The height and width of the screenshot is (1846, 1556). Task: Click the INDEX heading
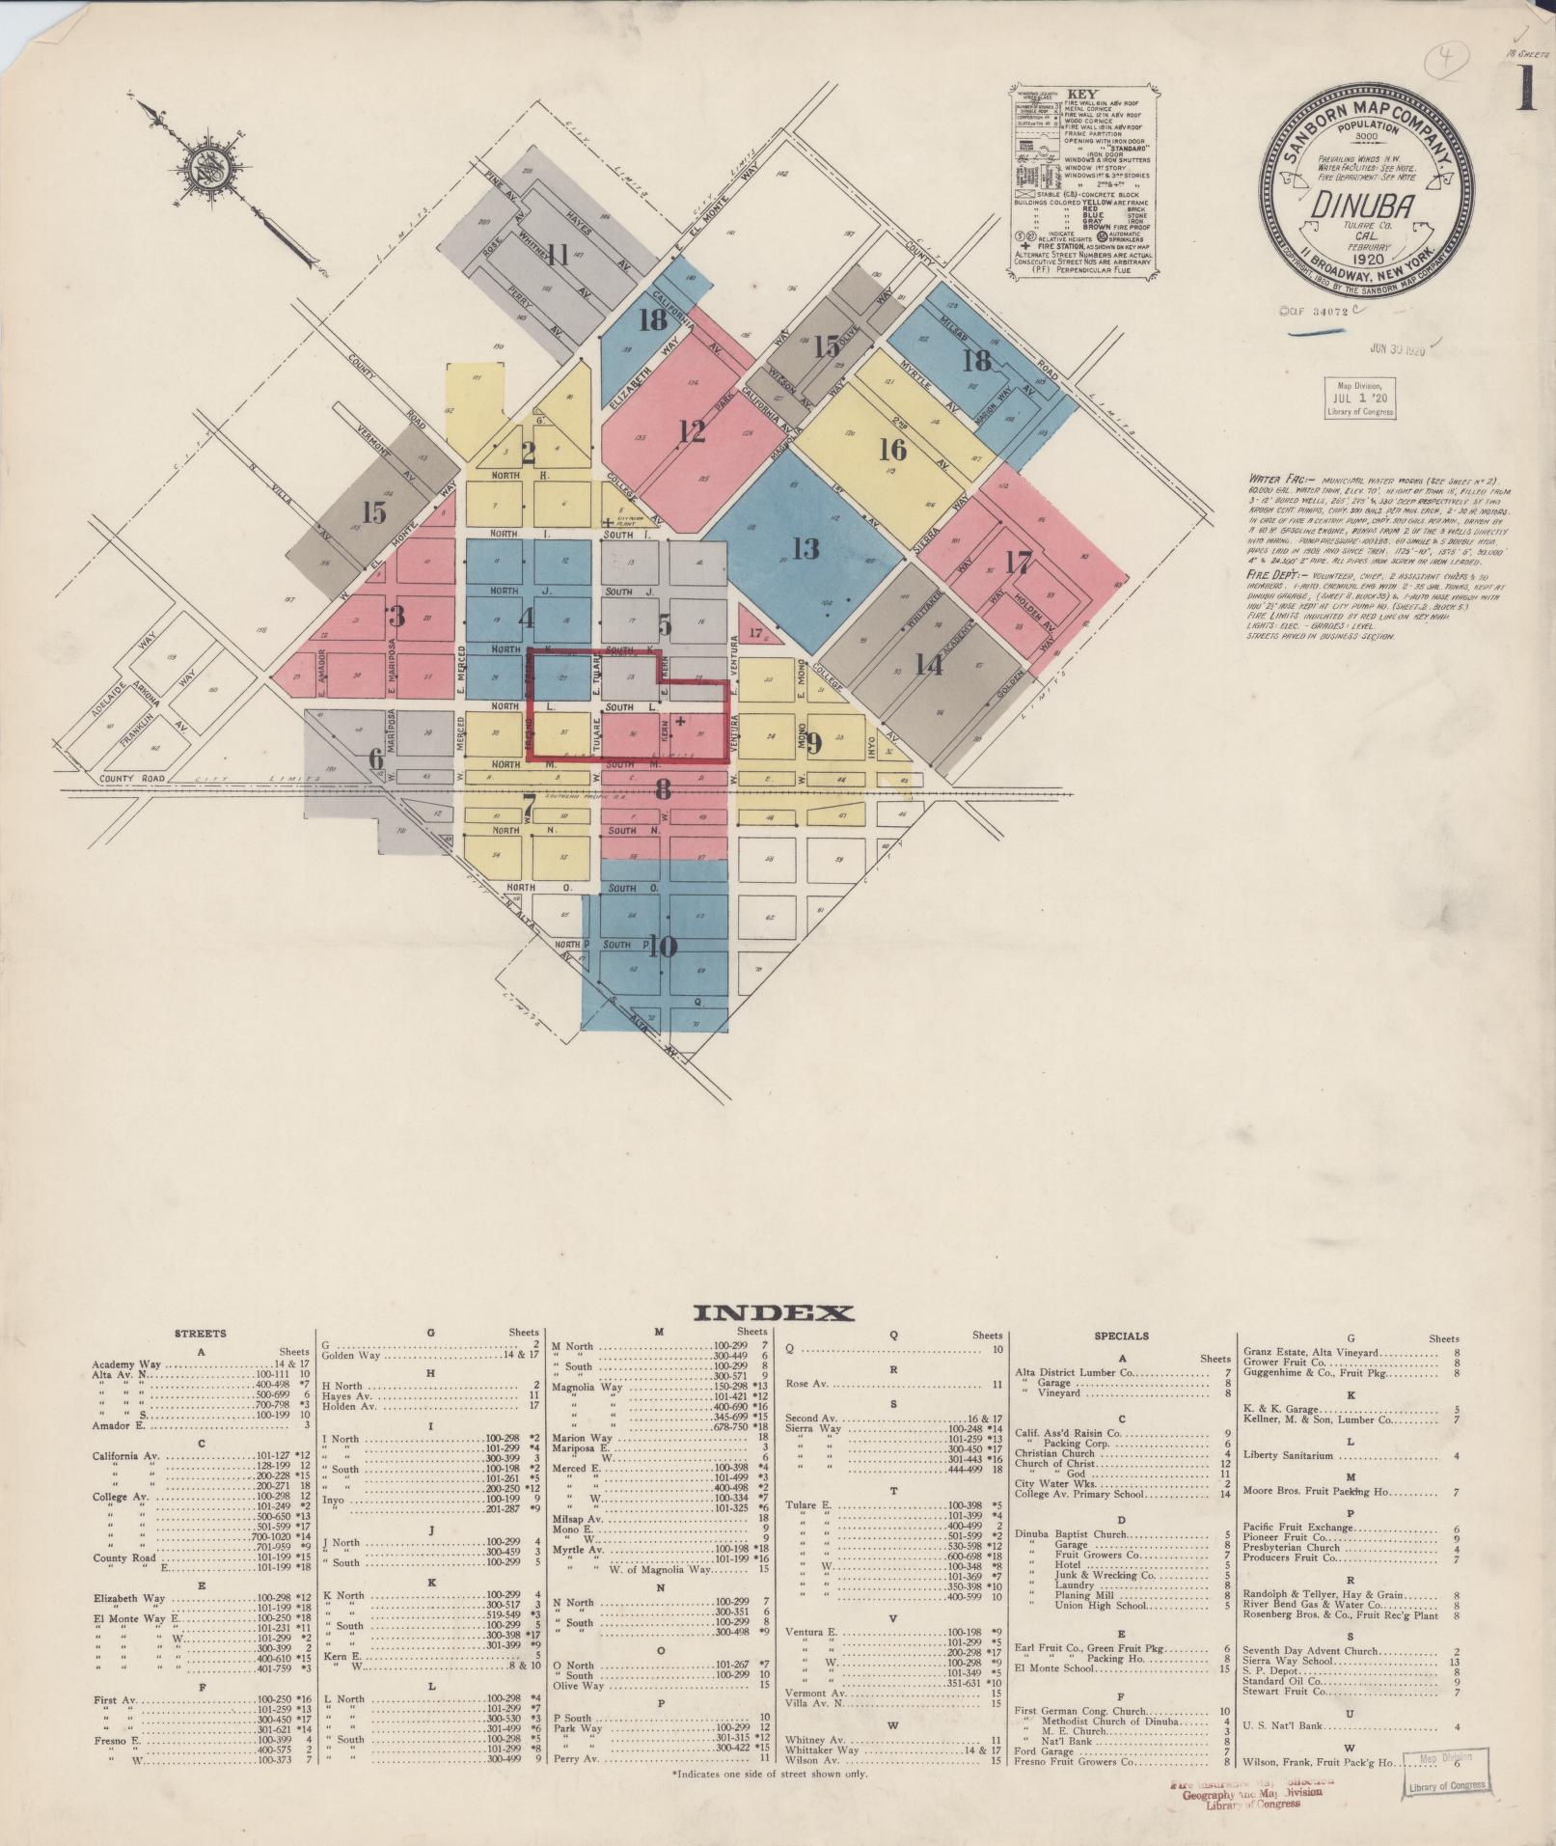773,1312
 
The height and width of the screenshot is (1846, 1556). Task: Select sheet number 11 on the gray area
557,256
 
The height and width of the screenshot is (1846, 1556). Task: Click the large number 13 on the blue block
805,549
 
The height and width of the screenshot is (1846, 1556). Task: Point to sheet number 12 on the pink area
692,431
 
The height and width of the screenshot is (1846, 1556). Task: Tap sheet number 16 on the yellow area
893,450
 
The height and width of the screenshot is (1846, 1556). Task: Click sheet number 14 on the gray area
928,664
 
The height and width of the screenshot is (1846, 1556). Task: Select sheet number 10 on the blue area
663,947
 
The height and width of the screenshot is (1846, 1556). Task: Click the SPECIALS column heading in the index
1122,1336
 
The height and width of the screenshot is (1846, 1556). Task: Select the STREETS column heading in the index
201,1333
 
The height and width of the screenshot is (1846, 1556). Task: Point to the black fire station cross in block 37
681,721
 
